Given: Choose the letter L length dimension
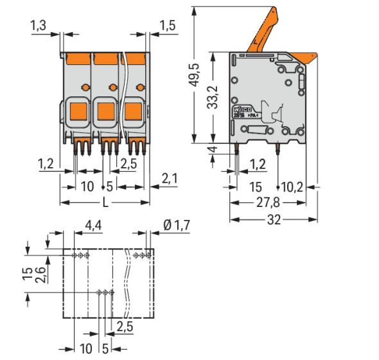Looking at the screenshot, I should (105, 202).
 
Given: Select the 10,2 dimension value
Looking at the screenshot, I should (292, 187).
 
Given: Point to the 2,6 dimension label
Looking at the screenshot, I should (40, 274).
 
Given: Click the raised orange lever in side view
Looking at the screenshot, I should (264, 28).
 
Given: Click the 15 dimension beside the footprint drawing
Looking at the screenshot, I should (23, 274).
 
